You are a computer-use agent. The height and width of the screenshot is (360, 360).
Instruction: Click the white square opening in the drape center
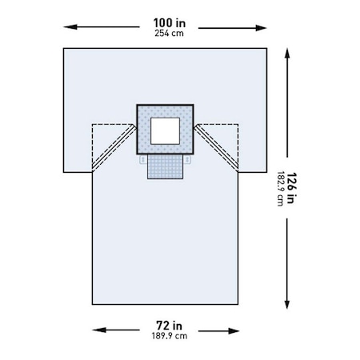[x=166, y=131]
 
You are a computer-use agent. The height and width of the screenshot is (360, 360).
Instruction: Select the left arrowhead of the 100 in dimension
[x=67, y=26]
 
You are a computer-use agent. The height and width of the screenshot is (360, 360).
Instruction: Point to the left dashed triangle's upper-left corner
[x=94, y=124]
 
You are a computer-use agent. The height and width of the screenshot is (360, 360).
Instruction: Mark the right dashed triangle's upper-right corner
[x=239, y=124]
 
